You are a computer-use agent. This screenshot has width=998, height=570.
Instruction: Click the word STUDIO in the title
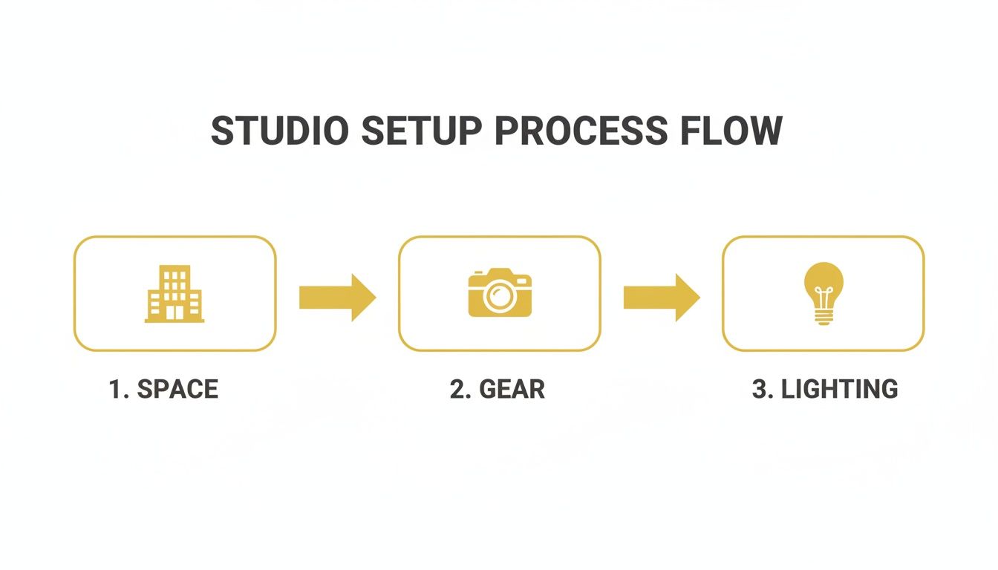point(279,131)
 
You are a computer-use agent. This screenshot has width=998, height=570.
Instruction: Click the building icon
point(175,294)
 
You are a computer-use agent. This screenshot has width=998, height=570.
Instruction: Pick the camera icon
point(500,293)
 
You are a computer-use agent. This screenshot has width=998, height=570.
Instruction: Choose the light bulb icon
point(823,293)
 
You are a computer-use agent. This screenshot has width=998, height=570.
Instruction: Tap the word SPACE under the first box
point(177,389)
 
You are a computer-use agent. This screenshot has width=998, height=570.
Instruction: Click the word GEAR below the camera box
point(512,389)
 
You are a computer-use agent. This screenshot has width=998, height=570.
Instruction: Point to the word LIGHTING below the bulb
point(839,389)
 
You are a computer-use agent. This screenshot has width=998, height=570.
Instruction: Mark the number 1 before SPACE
point(115,389)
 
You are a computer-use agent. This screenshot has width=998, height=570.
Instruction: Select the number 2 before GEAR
point(457,389)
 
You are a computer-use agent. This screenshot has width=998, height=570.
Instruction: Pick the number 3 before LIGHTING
point(760,389)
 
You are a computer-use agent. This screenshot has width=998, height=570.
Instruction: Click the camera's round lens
point(499,297)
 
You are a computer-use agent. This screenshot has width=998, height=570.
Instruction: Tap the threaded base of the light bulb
point(823,317)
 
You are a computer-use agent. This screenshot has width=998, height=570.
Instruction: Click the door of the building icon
point(175,313)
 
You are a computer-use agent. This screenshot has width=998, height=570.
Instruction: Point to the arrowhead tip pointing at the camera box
point(374,297)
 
